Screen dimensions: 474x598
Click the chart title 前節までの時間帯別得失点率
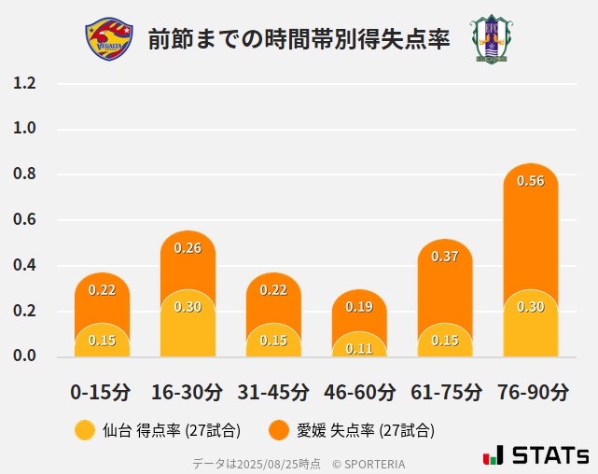tap(299, 39)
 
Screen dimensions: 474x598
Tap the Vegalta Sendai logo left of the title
tap(104, 38)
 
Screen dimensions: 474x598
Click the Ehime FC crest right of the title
tap(491, 38)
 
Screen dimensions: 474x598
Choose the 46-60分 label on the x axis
tap(359, 392)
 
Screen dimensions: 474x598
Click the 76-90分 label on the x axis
tap(531, 392)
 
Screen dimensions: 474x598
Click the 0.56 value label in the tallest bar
tap(530, 181)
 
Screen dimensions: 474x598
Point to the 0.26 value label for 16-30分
tap(188, 248)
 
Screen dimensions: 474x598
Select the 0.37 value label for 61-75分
tap(445, 257)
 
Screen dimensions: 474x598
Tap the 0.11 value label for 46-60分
tap(359, 349)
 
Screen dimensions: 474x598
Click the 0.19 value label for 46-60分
tap(359, 307)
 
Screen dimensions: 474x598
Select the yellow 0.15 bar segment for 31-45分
tap(273, 341)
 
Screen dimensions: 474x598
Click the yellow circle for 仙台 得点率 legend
tap(85, 430)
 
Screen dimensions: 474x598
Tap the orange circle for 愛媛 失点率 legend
tap(278, 430)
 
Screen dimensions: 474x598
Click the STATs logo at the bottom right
tap(535, 456)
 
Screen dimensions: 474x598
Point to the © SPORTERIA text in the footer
tap(369, 464)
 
